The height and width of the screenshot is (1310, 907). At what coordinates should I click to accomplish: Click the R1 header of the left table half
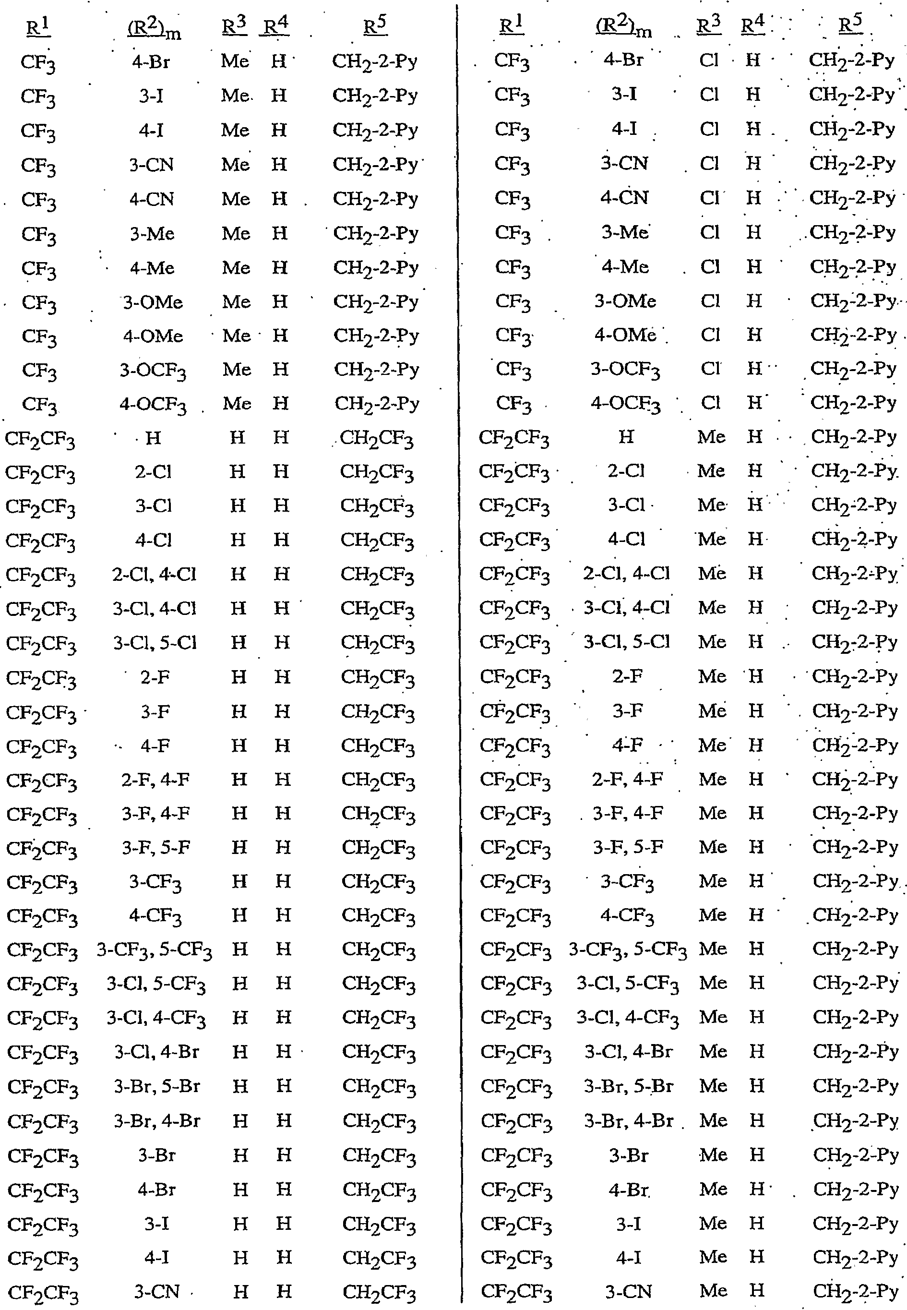tap(38, 27)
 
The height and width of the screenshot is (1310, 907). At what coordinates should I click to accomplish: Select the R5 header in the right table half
tap(851, 25)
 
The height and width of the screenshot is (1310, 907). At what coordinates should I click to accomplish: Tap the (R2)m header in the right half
tap(624, 26)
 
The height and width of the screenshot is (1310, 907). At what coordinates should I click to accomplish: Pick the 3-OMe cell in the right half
tap(625, 301)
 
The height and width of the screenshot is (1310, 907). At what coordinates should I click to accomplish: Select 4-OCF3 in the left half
tap(153, 405)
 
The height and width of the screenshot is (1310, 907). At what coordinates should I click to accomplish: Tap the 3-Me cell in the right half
tap(625, 232)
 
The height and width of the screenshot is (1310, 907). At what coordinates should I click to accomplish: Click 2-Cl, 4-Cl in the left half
tap(154, 575)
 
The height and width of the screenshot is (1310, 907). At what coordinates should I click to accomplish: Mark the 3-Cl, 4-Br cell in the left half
tap(156, 1052)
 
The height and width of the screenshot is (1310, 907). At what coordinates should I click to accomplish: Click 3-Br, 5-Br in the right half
tap(629, 1086)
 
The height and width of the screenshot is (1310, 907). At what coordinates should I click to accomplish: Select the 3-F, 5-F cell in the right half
tap(627, 847)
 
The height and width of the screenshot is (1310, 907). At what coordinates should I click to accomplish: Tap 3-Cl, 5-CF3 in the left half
tap(156, 984)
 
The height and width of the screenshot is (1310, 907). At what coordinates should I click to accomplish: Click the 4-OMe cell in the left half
tap(153, 336)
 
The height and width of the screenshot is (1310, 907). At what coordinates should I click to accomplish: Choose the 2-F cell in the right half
tap(627, 677)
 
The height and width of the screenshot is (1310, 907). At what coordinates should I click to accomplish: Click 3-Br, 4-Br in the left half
tap(157, 1121)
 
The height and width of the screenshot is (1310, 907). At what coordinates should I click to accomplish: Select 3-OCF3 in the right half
tap(625, 370)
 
